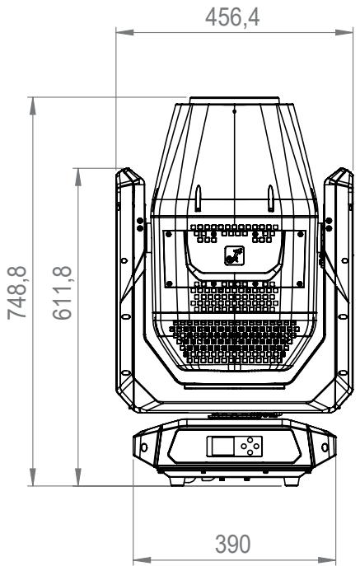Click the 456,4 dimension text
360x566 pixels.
(232, 17)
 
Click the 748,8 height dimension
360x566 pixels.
(17, 292)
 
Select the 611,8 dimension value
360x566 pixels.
(62, 292)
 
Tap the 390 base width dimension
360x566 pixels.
(233, 544)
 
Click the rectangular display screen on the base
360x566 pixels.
(221, 447)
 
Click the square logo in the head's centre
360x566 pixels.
(234, 255)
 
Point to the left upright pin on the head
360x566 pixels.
(199, 199)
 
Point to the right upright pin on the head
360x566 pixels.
(270, 199)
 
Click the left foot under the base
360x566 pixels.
(178, 481)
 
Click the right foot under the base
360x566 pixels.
(292, 481)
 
